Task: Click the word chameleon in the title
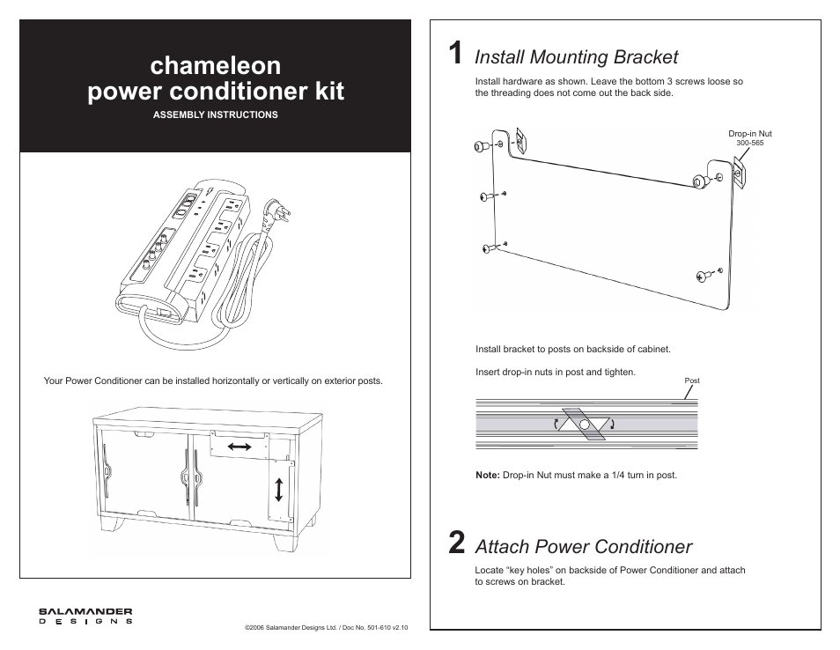point(216,65)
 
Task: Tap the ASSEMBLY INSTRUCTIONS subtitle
point(216,114)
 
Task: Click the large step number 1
point(453,55)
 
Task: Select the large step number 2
point(455,543)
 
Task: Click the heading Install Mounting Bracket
point(576,57)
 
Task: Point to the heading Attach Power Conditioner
point(583,546)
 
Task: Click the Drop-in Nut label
point(749,134)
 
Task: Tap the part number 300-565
point(749,143)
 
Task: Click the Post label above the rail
point(692,380)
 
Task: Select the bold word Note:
point(488,475)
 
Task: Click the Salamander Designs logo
point(85,615)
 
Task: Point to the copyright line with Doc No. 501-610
point(327,628)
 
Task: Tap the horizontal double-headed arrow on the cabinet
point(239,447)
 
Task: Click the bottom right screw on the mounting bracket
point(705,276)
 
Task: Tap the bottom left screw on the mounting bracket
point(487,249)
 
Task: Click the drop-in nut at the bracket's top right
point(738,172)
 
